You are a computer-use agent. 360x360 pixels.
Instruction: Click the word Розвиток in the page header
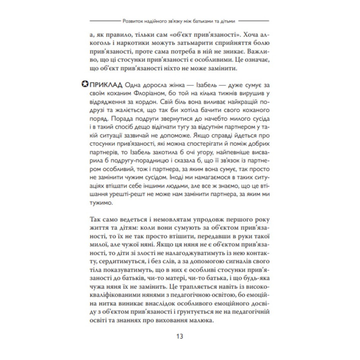(x=135, y=21)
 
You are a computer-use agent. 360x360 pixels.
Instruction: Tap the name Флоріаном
(x=155, y=95)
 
